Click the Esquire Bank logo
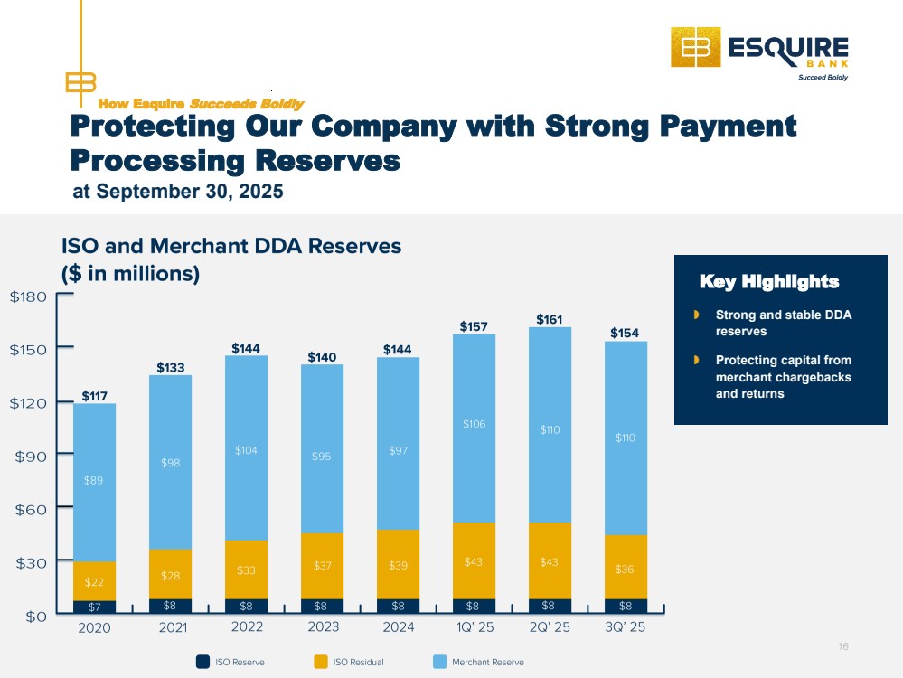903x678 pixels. point(758,54)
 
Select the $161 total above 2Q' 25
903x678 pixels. point(549,319)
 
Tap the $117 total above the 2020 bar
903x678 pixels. point(94,396)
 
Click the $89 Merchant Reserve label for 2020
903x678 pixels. point(94,480)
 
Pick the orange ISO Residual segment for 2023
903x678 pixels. point(322,565)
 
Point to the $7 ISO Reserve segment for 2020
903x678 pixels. point(94,607)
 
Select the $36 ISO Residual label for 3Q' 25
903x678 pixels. point(625,570)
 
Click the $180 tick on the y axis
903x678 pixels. point(29,297)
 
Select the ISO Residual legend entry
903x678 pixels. point(348,663)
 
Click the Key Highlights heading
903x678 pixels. point(769,282)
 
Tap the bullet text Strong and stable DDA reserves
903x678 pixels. point(783,324)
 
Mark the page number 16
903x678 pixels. point(843,646)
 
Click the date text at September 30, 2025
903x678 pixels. point(177,192)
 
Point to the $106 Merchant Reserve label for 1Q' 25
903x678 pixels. point(473,424)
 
